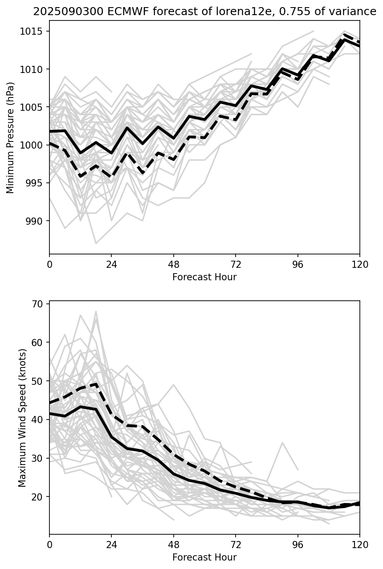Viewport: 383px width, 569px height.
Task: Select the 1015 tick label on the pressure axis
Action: click(34, 32)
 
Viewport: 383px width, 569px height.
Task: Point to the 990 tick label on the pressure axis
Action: click(36, 221)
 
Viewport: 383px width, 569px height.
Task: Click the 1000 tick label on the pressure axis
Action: click(34, 145)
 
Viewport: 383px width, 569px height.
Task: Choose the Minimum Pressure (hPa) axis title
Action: click(11, 137)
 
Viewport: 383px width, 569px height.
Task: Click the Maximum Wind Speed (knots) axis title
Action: click(22, 417)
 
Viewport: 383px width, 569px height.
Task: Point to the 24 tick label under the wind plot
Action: click(111, 545)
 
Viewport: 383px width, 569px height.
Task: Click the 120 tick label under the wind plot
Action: click(359, 545)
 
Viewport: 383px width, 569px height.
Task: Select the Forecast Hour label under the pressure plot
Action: click(204, 277)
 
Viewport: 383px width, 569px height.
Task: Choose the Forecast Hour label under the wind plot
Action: click(204, 557)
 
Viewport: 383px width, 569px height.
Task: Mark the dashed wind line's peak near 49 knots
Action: click(96, 384)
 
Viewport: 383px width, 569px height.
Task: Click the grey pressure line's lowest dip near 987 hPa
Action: click(96, 243)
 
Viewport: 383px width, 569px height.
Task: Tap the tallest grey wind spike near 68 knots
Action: click(96, 311)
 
